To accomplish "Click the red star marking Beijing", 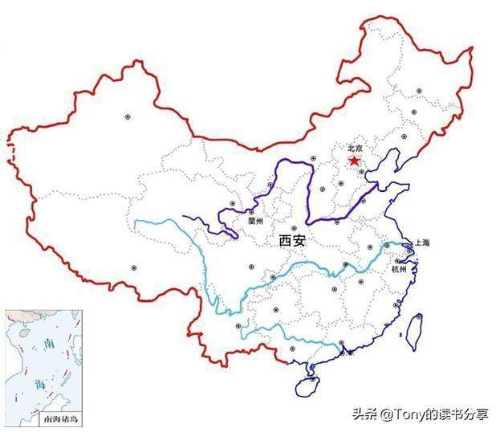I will pos(354,161).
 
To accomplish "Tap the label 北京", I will pos(356,149).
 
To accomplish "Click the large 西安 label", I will pos(292,239).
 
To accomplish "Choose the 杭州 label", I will pos(399,268).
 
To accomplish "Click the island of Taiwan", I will pos(417,331).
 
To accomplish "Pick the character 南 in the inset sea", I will pos(49,344).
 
